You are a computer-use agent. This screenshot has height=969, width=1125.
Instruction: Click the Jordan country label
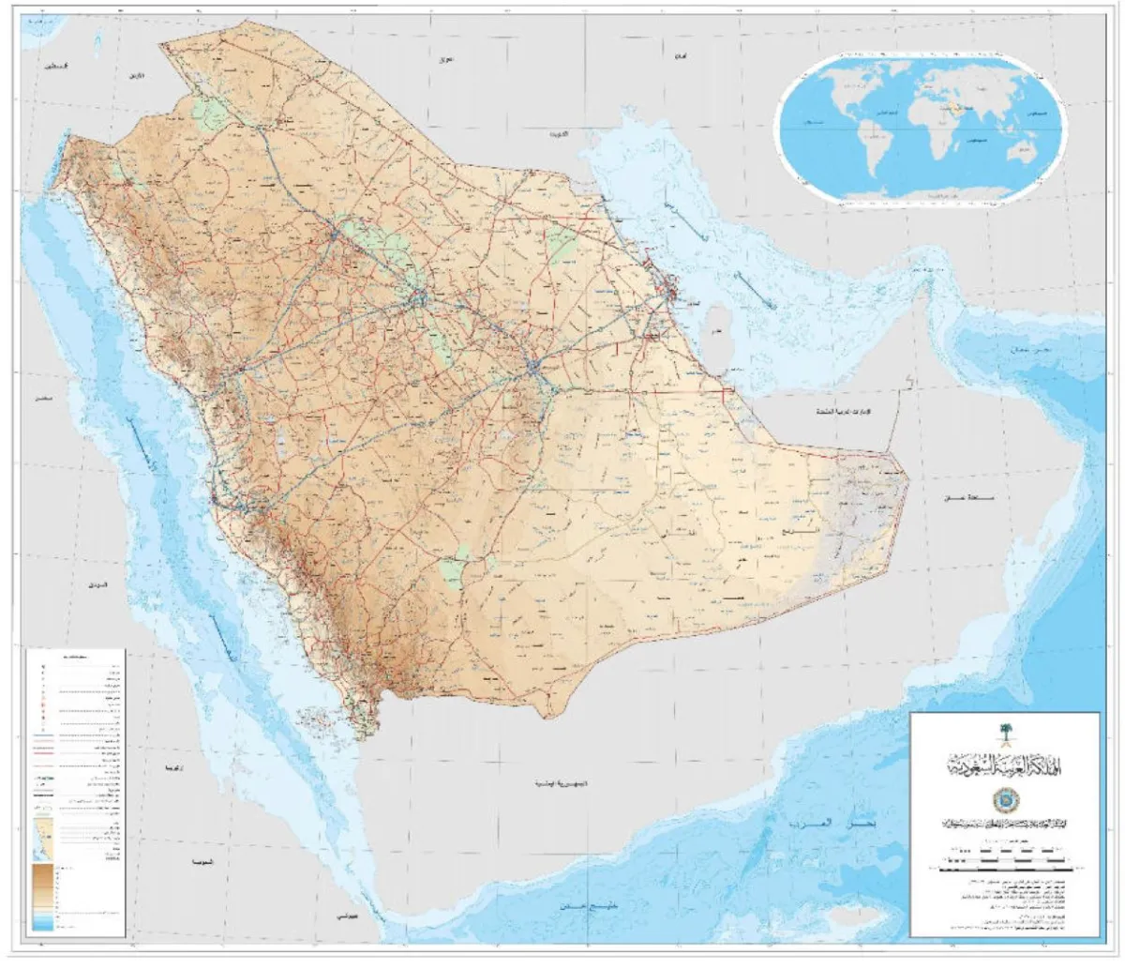pyautogui.click(x=139, y=75)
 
